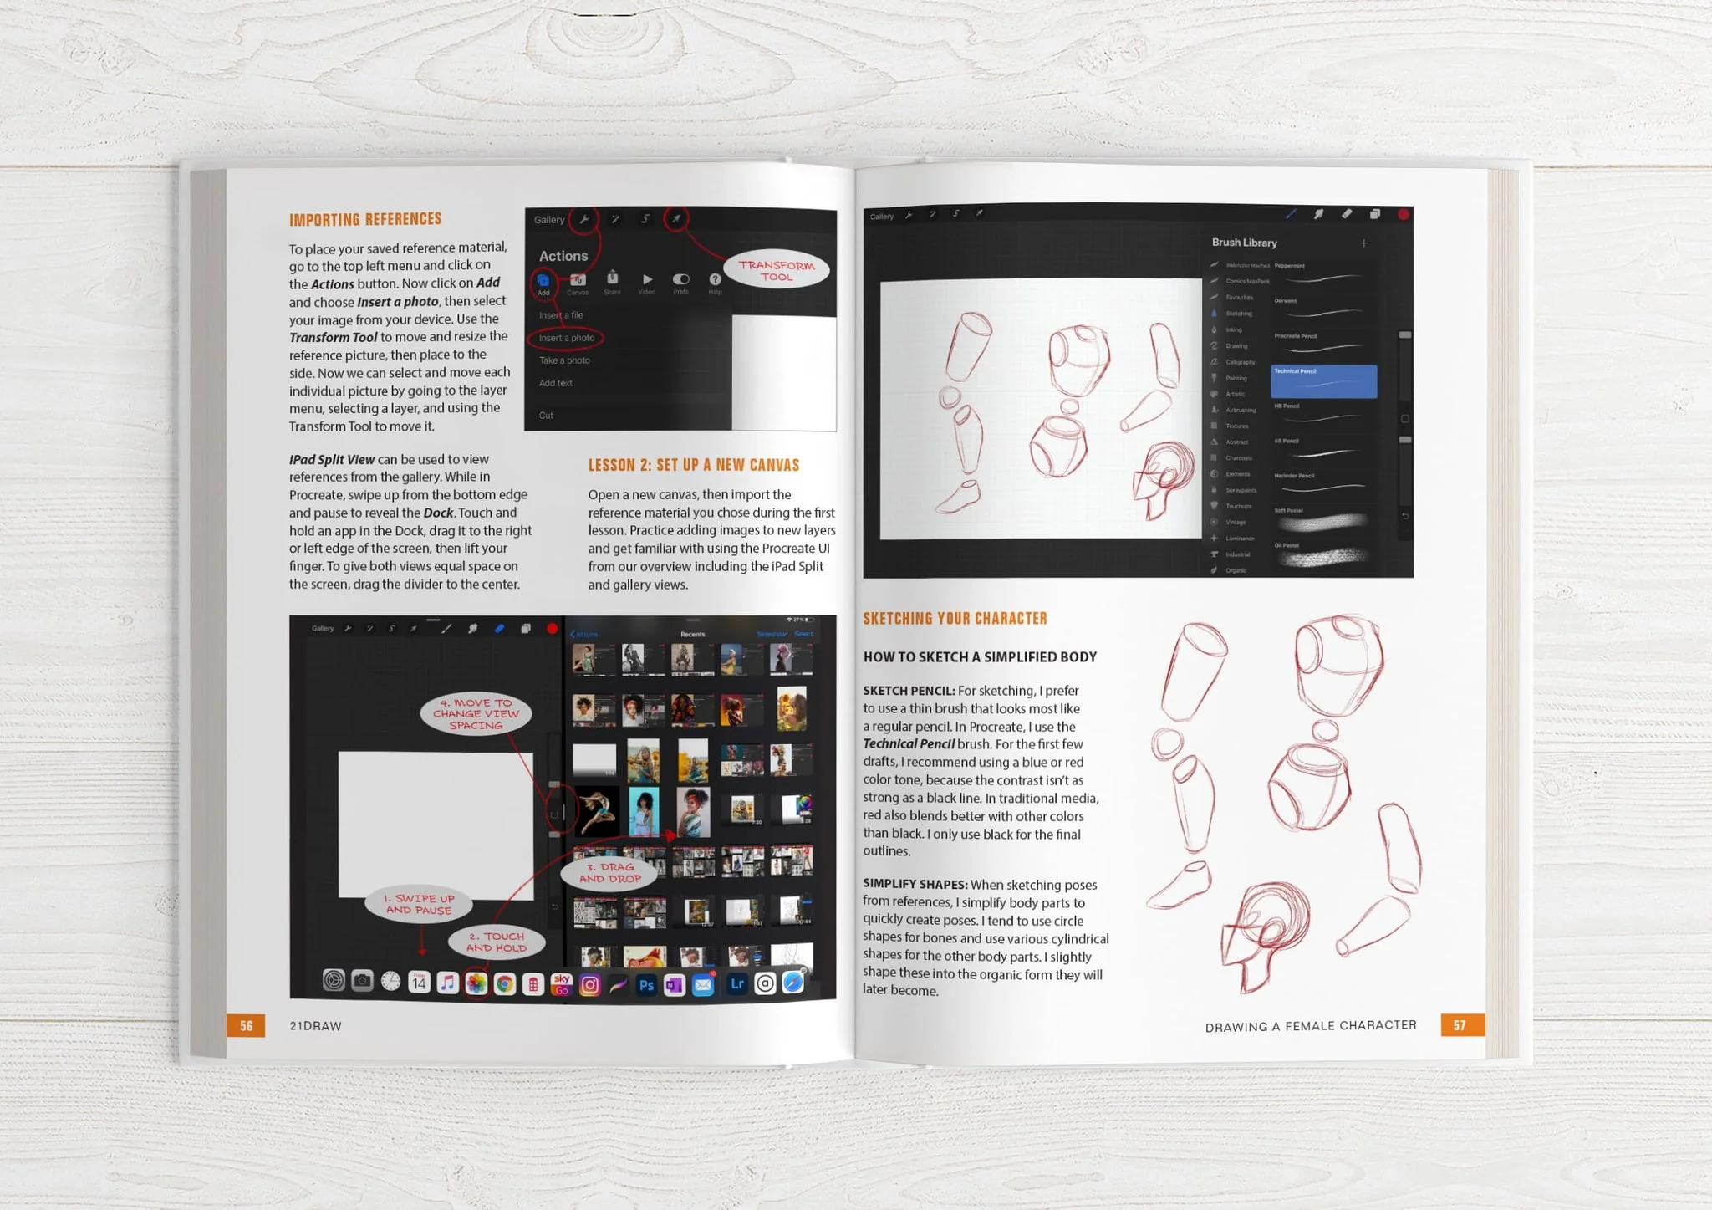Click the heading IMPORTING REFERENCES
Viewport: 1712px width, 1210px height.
[365, 220]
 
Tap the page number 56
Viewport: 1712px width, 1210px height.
[246, 1026]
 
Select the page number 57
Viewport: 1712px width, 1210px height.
[1460, 1025]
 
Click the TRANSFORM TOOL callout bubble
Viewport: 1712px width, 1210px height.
[777, 270]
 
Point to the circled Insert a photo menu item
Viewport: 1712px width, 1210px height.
[566, 338]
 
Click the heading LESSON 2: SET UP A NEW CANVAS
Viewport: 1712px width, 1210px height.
[693, 465]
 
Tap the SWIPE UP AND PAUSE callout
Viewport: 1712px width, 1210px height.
[419, 904]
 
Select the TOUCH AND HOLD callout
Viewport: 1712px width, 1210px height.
[497, 942]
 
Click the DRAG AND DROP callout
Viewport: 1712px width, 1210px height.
[610, 873]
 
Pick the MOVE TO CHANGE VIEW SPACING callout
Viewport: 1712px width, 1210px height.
[476, 714]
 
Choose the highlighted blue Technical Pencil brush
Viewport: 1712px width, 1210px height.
[1323, 381]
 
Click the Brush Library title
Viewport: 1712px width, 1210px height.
[1244, 243]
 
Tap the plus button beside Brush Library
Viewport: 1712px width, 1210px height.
[1363, 243]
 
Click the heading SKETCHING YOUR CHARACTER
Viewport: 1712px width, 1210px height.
[955, 619]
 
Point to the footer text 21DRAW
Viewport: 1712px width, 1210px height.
[315, 1026]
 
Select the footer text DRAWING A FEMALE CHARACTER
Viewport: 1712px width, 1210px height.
[1310, 1026]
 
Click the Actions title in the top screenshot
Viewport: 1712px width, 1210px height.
[563, 256]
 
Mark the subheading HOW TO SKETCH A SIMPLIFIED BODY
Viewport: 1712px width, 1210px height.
[980, 657]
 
